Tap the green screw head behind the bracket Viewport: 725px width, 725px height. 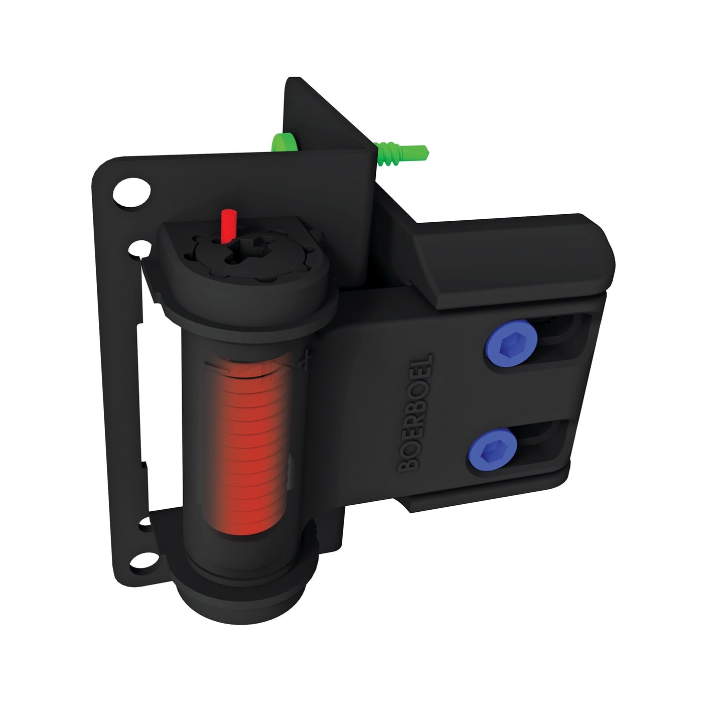[284, 142]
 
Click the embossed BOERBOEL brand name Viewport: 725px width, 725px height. [415, 411]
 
